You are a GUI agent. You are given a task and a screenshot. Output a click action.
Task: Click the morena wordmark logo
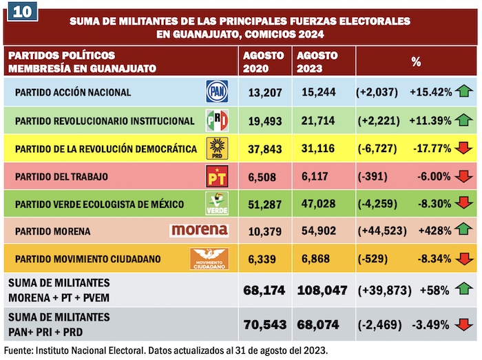coord(200,230)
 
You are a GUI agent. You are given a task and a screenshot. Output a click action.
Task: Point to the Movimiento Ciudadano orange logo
coord(209,259)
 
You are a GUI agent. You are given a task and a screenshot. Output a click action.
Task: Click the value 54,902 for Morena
coord(317,230)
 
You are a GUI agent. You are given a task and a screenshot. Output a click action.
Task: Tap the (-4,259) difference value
coord(378,204)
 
